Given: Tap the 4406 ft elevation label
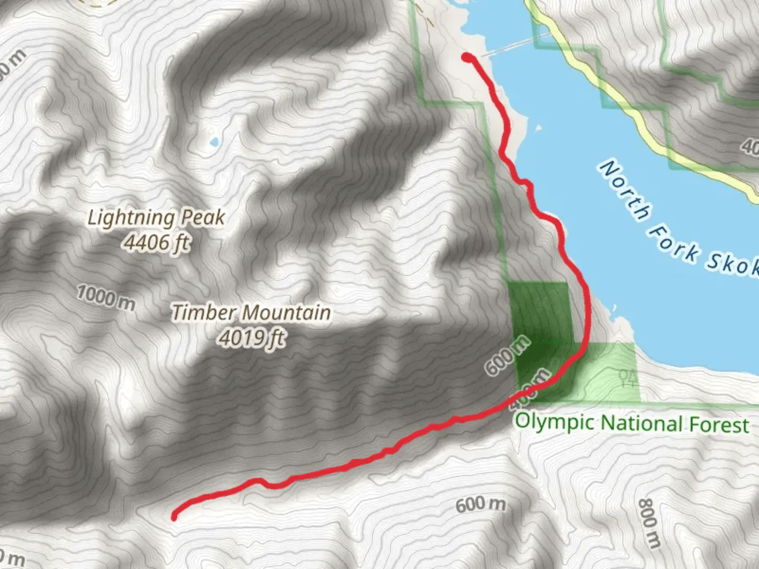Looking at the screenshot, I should [157, 242].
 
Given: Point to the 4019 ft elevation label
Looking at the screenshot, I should [252, 338].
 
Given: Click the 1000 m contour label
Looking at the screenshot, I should [106, 297].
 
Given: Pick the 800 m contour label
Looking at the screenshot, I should [649, 523].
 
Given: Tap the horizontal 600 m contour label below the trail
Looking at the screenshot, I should [480, 504].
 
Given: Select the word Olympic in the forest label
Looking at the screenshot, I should [556, 422].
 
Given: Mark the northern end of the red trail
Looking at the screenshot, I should [467, 57].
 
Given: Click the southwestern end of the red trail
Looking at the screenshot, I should [174, 517].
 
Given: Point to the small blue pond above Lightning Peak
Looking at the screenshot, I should [213, 142].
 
